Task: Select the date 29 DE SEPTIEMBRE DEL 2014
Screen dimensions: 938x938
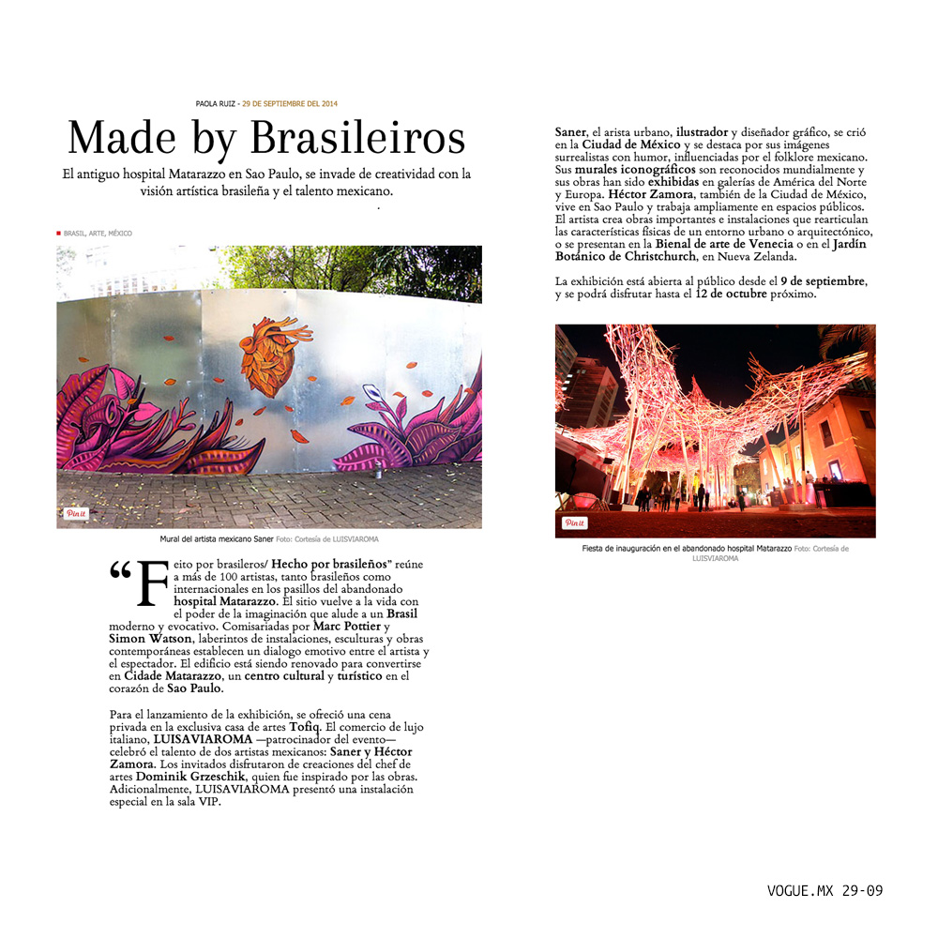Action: coord(290,103)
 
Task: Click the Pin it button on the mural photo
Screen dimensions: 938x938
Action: coord(75,513)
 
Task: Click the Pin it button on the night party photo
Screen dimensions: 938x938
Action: coord(574,522)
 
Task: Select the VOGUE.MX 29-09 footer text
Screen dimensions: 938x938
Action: coord(825,890)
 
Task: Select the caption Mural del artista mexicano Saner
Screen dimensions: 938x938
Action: coord(217,539)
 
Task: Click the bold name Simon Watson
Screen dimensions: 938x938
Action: coord(140,638)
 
